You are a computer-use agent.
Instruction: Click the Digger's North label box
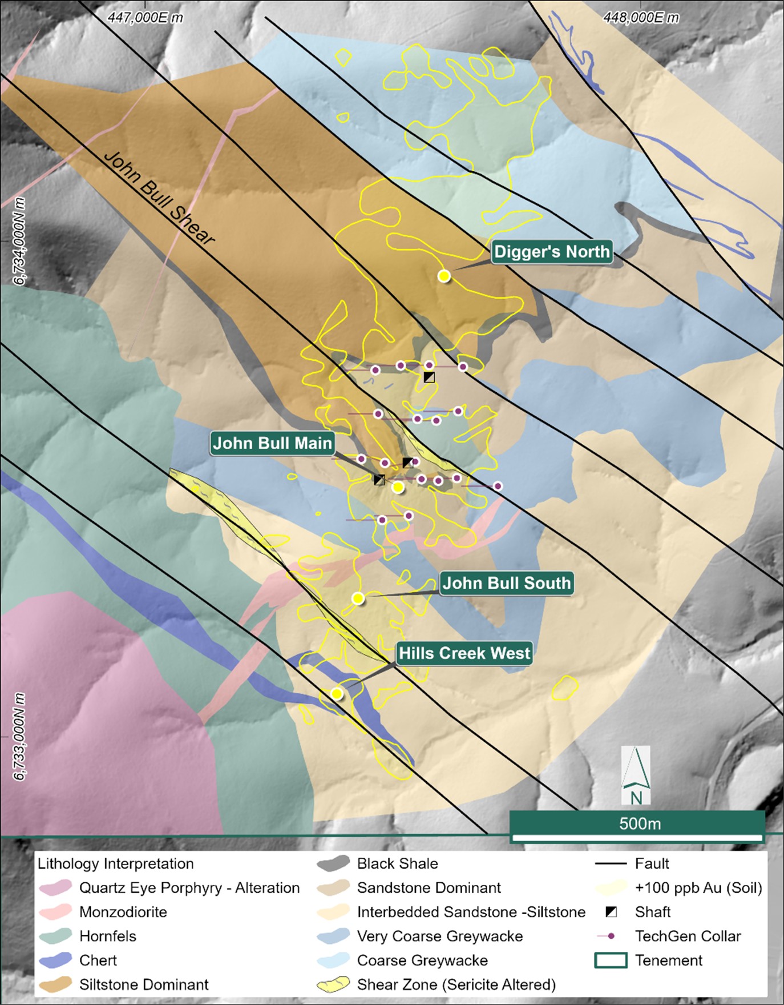[552, 252]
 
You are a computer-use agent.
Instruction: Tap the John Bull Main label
[272, 443]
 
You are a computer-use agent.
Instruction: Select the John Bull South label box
[507, 583]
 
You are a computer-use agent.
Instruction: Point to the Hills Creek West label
[464, 653]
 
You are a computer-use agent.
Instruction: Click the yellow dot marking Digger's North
[444, 276]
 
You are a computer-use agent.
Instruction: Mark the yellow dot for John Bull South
[358, 598]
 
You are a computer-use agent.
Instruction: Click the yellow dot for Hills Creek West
[337, 694]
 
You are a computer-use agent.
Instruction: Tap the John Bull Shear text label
[159, 198]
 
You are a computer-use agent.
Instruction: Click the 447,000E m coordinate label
[146, 18]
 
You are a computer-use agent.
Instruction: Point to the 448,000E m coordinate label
[641, 18]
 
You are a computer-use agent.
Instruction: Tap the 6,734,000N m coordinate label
[20, 241]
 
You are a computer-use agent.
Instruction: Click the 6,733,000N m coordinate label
[20, 737]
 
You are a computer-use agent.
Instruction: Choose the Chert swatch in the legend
[56, 960]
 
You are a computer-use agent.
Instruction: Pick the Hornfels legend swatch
[56, 936]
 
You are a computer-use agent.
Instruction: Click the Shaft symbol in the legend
[611, 912]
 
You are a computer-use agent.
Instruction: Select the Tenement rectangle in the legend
[611, 960]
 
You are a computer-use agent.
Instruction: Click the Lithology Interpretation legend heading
[116, 863]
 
